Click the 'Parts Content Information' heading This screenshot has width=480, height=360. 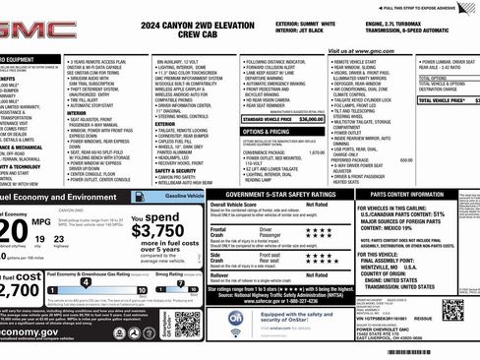click(422, 196)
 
